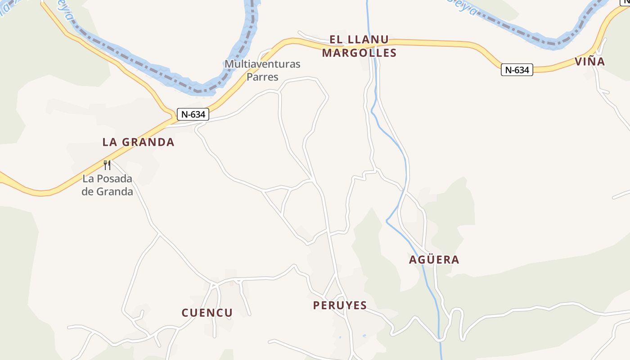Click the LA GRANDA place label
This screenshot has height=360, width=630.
pyautogui.click(x=138, y=142)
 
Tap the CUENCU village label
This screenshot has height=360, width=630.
pyautogui.click(x=207, y=313)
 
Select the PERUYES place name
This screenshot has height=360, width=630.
pyautogui.click(x=340, y=305)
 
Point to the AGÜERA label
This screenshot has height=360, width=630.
pyautogui.click(x=434, y=260)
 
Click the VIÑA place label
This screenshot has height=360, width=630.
pyautogui.click(x=590, y=62)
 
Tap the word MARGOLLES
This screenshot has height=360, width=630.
pyautogui.click(x=359, y=53)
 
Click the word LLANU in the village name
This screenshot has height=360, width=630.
pyautogui.click(x=368, y=40)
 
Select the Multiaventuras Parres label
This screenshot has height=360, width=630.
pyautogui.click(x=262, y=70)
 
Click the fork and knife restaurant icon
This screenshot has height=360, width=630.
pyautogui.click(x=107, y=165)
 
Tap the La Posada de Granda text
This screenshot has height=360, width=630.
pyautogui.click(x=108, y=185)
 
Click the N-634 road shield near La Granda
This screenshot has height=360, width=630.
pyautogui.click(x=193, y=114)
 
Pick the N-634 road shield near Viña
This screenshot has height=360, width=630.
pyautogui.click(x=517, y=70)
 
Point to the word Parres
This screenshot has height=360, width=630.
pyautogui.click(x=262, y=76)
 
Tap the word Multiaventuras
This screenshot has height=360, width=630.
pyautogui.click(x=262, y=64)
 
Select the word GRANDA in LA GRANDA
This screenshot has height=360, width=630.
pyautogui.click(x=148, y=142)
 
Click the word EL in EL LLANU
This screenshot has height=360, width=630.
pyautogui.click(x=336, y=40)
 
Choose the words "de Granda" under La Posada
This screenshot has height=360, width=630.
pyautogui.click(x=108, y=192)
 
